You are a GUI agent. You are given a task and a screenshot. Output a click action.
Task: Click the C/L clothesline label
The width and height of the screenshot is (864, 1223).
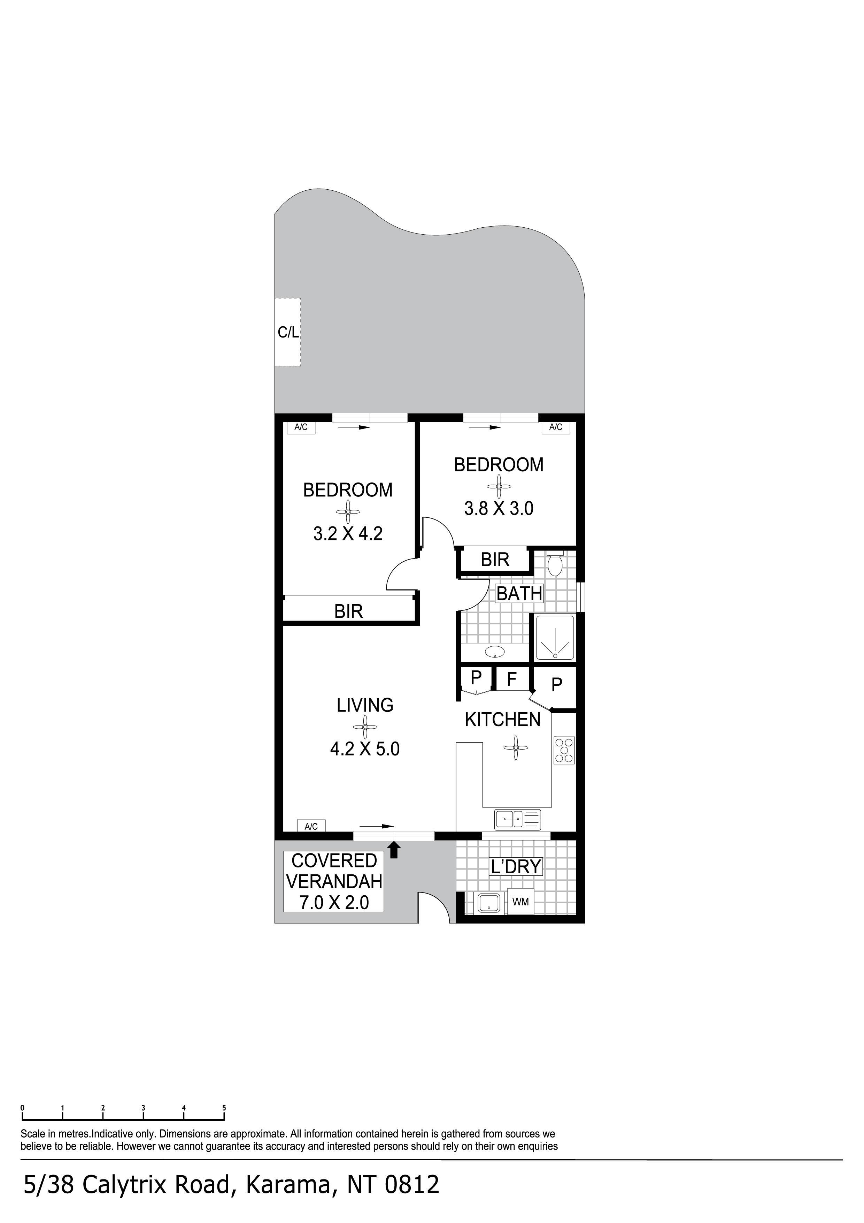pos(288,332)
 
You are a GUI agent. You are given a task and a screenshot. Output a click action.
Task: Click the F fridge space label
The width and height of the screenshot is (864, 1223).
pos(511,679)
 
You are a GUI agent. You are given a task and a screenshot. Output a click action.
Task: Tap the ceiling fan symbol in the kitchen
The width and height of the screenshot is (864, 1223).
pos(515,748)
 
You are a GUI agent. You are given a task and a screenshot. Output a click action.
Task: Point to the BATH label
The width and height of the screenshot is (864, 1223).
pos(519,593)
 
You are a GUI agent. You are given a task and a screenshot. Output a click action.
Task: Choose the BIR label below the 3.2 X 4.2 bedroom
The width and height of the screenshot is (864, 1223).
pos(349,611)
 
